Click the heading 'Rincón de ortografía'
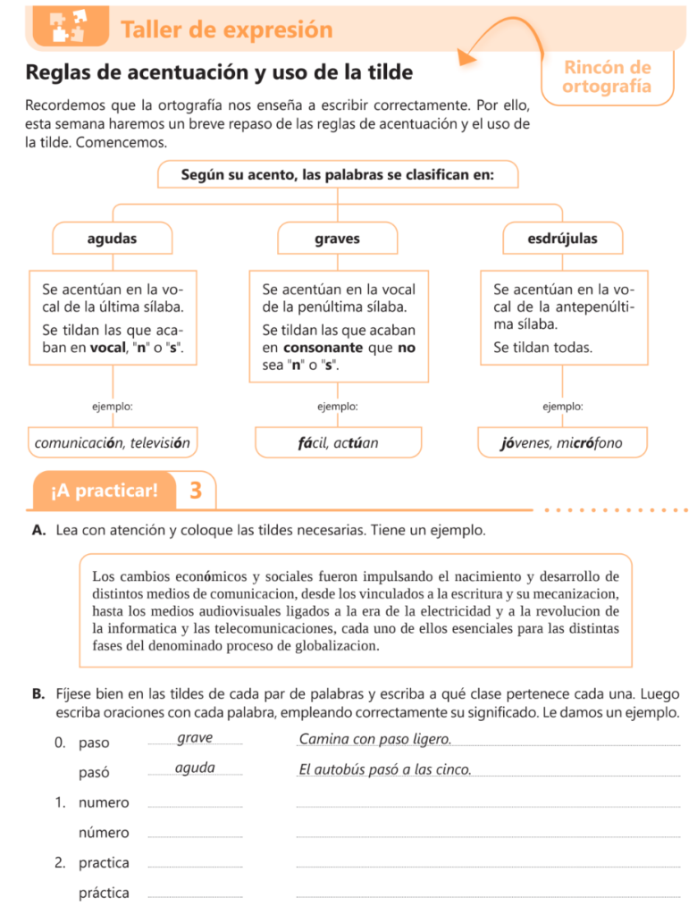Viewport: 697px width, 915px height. click(x=608, y=77)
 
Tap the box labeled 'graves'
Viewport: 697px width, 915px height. click(x=337, y=239)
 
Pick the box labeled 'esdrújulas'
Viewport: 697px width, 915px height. click(x=563, y=239)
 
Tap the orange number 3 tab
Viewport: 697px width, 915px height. click(x=196, y=490)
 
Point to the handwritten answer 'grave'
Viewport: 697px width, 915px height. click(x=195, y=738)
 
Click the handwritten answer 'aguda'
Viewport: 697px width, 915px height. click(x=195, y=768)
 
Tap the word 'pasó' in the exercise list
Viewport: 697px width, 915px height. click(x=94, y=772)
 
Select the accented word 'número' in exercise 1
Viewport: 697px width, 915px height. click(x=104, y=833)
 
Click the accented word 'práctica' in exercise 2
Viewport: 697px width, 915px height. click(x=104, y=893)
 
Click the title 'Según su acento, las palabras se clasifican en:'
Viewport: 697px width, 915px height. click(x=337, y=175)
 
